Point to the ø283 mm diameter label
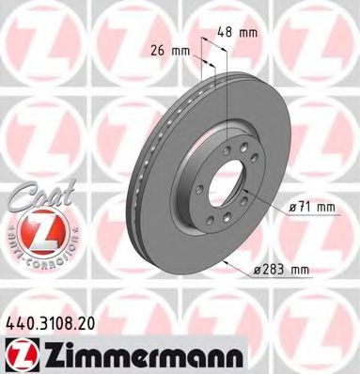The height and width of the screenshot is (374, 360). (280, 272)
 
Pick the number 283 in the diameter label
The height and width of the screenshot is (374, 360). (274, 272)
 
